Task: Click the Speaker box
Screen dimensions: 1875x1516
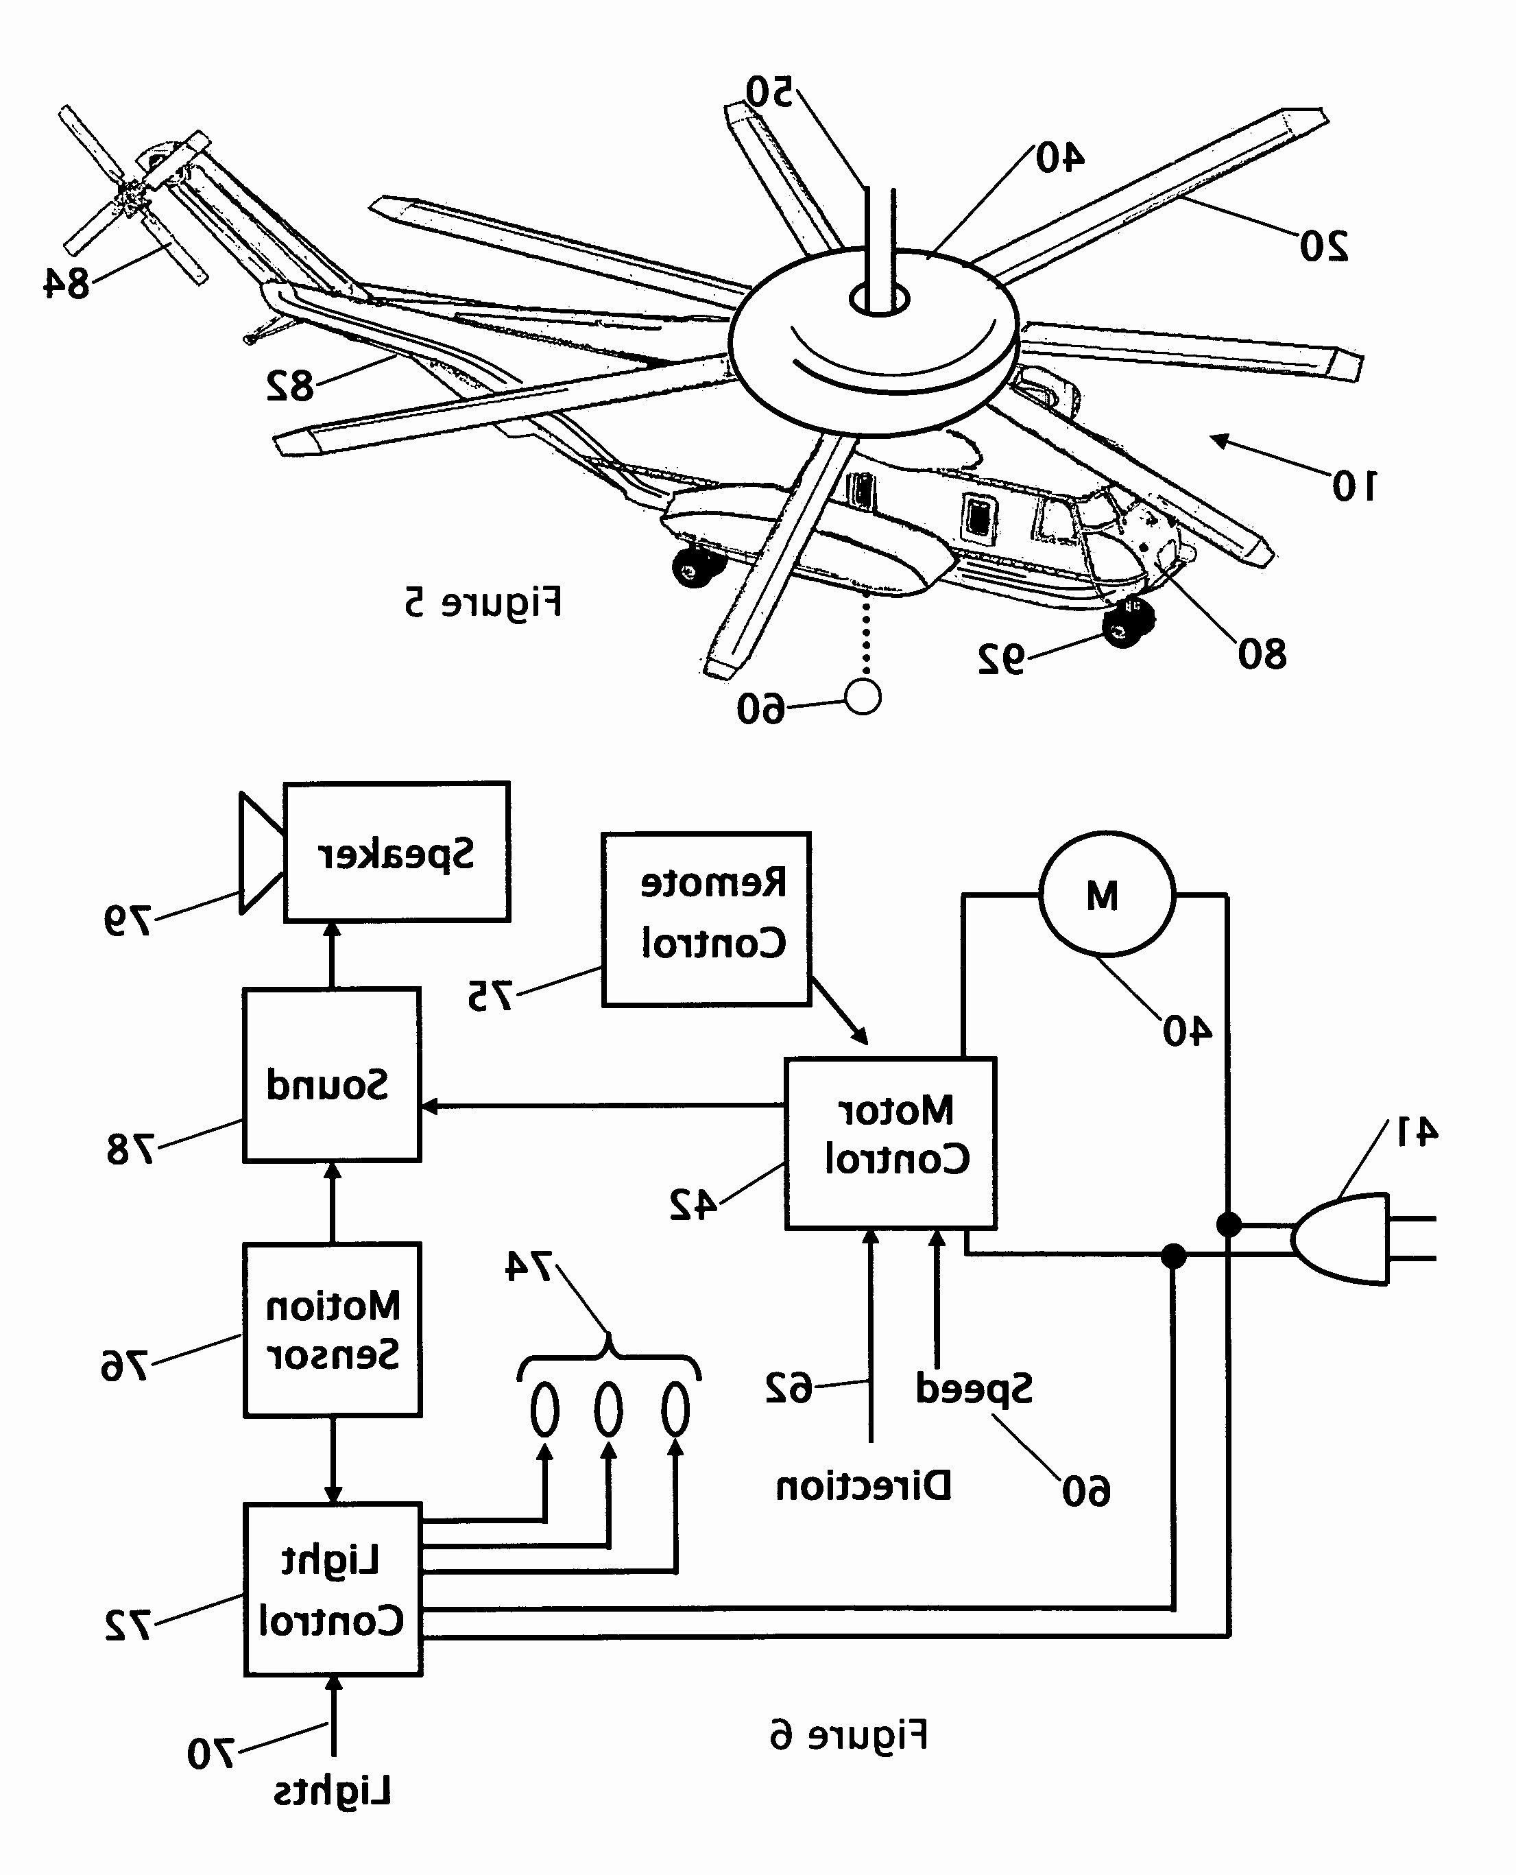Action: tap(396, 852)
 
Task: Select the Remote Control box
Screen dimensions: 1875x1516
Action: tap(706, 919)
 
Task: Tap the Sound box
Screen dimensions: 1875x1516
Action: tap(331, 1075)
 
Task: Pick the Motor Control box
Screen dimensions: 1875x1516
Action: tap(890, 1143)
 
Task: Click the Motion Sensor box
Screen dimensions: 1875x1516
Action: tap(332, 1329)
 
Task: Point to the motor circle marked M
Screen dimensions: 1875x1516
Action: tap(1107, 894)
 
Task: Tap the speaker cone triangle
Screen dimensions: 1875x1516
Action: tap(261, 852)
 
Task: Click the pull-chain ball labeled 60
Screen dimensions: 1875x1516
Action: tap(863, 697)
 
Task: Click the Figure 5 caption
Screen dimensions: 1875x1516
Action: tap(482, 603)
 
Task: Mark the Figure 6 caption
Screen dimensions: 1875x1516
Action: tap(848, 1735)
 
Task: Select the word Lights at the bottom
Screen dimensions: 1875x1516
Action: tap(332, 1792)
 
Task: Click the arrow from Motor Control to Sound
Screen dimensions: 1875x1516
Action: tap(603, 1106)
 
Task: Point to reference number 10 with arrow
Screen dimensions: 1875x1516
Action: tap(1353, 486)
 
